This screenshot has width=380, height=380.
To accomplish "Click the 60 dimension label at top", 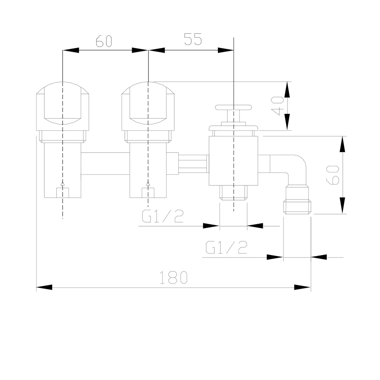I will pos(104,41).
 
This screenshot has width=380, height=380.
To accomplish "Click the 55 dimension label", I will pos(192,39).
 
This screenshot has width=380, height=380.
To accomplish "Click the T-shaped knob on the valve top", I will pos(233,108).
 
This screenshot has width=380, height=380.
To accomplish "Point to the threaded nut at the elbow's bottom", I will pos(297,206).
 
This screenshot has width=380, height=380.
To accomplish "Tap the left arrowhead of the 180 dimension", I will pos(44,287).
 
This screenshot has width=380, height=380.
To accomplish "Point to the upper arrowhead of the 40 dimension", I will pos(287,90).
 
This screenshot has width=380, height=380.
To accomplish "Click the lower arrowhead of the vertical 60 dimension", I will pos(342,205).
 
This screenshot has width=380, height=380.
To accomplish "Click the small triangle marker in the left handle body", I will pos(63,183).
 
